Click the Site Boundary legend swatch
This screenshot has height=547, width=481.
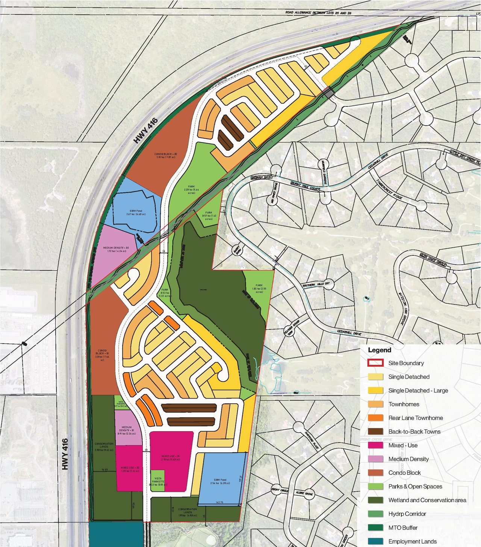click(x=375, y=363)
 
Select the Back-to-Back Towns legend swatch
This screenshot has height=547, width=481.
click(x=375, y=432)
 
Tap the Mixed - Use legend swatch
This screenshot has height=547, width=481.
click(x=375, y=445)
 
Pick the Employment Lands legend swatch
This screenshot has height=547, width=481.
click(x=375, y=541)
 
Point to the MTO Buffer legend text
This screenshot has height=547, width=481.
click(x=403, y=528)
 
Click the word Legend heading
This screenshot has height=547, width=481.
click(x=380, y=350)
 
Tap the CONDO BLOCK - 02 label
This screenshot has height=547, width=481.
click(x=165, y=156)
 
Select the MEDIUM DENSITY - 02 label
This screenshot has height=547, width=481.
click(x=116, y=250)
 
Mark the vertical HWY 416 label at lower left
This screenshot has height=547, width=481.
click(x=65, y=454)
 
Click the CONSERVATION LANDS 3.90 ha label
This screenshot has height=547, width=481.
click(x=104, y=447)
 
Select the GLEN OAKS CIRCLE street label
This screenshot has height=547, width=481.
click(x=433, y=260)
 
